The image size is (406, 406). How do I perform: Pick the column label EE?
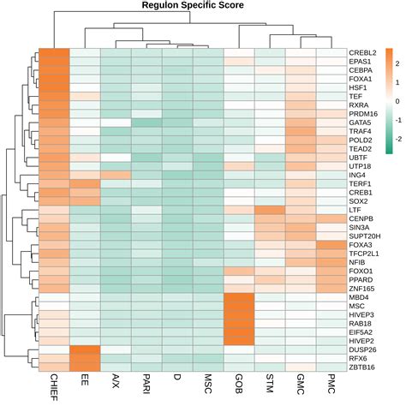(x=84, y=379)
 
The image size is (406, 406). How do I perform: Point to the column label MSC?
(x=208, y=383)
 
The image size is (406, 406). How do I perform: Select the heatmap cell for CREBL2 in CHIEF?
(x=53, y=52)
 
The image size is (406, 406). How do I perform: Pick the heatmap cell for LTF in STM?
(x=270, y=209)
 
